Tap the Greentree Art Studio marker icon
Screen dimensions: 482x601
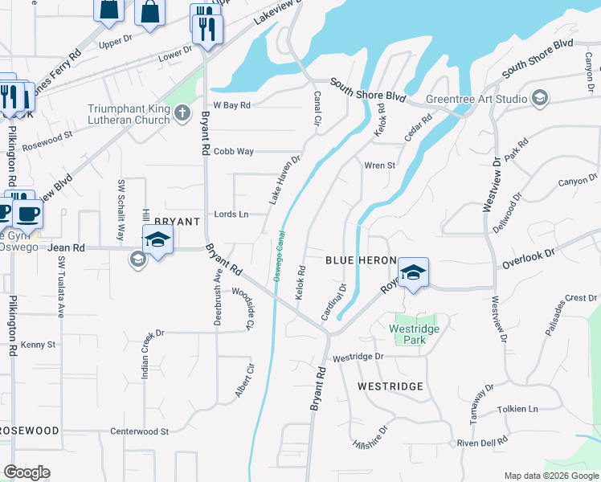click(x=540, y=99)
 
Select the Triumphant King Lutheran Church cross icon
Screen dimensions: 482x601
click(x=183, y=113)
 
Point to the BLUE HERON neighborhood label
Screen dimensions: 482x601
click(x=361, y=261)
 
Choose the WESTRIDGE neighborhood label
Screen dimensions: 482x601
click(x=390, y=386)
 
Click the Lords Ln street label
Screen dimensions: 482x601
click(x=231, y=214)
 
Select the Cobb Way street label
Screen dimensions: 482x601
click(x=234, y=151)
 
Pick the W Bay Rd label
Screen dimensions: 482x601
click(x=232, y=105)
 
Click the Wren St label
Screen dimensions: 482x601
click(x=380, y=165)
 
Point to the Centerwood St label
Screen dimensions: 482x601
click(x=140, y=431)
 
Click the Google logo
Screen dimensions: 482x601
click(x=27, y=472)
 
